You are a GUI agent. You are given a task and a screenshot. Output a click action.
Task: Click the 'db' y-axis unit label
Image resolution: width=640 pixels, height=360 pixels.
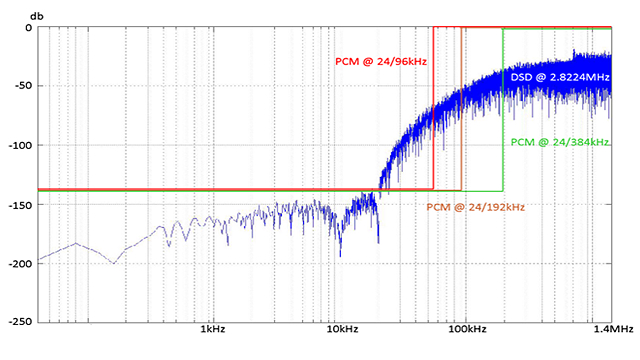coord(37,16)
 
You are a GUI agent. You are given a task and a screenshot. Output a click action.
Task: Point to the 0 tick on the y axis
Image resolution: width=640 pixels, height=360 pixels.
coord(28,28)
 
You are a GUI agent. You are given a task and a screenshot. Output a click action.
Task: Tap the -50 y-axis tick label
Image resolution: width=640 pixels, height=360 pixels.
coord(23,86)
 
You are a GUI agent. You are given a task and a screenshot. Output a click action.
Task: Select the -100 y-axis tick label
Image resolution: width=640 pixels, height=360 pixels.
coord(20,145)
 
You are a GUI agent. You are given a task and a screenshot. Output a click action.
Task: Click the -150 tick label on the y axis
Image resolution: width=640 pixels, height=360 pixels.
coord(20,205)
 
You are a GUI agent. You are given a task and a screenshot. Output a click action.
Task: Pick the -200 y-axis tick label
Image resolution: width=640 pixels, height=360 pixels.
coord(20,264)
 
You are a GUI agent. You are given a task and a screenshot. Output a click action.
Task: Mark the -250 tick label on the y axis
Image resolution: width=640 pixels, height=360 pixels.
coord(20,322)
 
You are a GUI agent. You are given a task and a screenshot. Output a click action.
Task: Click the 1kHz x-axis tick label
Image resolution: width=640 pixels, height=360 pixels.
coord(213,329)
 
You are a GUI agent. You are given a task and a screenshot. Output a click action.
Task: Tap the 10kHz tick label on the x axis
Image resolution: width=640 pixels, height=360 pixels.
coord(342,329)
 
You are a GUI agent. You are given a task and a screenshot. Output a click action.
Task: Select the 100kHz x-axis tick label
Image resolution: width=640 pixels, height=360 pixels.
coord(467,329)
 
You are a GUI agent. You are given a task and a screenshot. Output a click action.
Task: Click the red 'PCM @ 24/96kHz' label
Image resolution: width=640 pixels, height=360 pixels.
coord(381,62)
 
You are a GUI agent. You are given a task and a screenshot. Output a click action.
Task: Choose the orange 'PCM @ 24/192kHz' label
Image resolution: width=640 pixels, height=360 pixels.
coord(476,207)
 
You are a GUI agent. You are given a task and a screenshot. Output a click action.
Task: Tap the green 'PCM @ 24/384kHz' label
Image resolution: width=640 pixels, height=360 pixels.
coord(560,142)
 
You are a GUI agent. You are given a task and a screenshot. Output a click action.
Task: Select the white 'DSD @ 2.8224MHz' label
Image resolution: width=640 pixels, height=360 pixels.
coord(560,77)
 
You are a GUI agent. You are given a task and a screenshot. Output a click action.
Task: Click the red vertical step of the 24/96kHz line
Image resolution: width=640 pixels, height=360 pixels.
coord(433,108)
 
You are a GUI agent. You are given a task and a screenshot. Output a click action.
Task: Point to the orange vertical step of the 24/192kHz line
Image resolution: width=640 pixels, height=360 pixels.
coord(461,109)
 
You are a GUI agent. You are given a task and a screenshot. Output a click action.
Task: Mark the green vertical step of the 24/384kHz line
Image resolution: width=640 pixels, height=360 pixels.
coord(503,109)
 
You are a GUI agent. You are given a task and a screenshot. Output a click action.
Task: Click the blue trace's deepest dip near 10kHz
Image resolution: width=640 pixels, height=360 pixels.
coord(340,256)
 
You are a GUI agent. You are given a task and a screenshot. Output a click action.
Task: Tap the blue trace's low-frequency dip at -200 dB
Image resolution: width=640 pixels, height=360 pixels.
coord(113,263)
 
